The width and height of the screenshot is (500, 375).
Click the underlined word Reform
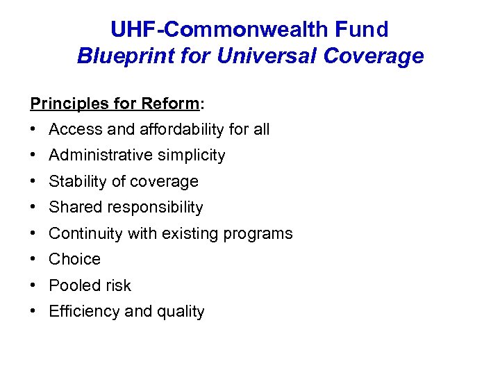pos(169,103)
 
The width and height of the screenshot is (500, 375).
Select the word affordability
pos(182,129)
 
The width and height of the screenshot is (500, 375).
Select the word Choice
pos(74,259)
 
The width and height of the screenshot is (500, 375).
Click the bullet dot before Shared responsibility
pos(34,207)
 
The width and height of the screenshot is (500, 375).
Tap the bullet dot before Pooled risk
pos(34,285)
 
